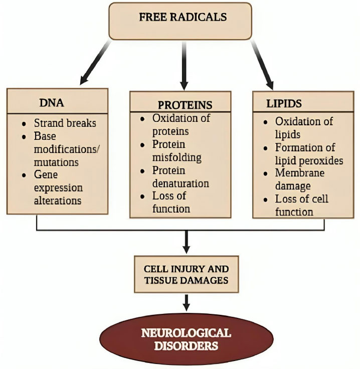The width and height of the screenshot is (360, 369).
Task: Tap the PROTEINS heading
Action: click(185, 105)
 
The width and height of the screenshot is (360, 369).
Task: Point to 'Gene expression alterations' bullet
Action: click(58, 188)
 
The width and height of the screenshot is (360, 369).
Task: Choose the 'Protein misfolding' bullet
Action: click(177, 150)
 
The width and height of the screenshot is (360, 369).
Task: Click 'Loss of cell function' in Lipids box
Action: click(301, 205)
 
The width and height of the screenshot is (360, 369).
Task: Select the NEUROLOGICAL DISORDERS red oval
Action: click(186, 339)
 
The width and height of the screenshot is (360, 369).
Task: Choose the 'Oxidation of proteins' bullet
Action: click(182, 125)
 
